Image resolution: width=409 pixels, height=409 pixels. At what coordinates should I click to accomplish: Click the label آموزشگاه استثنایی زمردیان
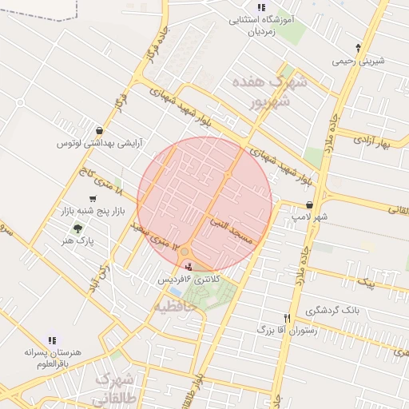pyautogui.click(x=260, y=26)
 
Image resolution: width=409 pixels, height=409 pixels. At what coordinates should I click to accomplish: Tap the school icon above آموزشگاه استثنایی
pyautogui.click(x=260, y=7)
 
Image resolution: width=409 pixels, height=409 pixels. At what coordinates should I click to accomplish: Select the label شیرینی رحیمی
pyautogui.click(x=359, y=61)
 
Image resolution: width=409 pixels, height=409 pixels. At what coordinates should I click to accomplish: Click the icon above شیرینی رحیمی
pyautogui.click(x=359, y=47)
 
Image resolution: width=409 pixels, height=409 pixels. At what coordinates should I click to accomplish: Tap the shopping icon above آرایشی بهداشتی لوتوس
pyautogui.click(x=98, y=130)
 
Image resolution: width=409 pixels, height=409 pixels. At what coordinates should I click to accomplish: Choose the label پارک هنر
pyautogui.click(x=78, y=240)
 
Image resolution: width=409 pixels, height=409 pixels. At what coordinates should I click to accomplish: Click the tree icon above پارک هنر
pyautogui.click(x=77, y=228)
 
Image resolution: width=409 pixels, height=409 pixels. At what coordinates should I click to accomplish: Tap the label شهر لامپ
pyautogui.click(x=310, y=216)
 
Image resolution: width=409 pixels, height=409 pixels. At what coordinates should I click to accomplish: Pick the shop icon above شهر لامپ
pyautogui.click(x=309, y=204)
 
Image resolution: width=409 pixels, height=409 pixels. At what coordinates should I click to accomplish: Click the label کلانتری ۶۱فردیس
pyautogui.click(x=186, y=280)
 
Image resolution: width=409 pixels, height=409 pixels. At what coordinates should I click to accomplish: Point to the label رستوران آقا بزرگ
pyautogui.click(x=288, y=329)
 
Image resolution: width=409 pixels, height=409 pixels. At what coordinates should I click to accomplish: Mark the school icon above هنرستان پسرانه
pyautogui.click(x=53, y=340)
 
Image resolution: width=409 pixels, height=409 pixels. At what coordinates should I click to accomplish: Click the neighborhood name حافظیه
pyautogui.click(x=174, y=306)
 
